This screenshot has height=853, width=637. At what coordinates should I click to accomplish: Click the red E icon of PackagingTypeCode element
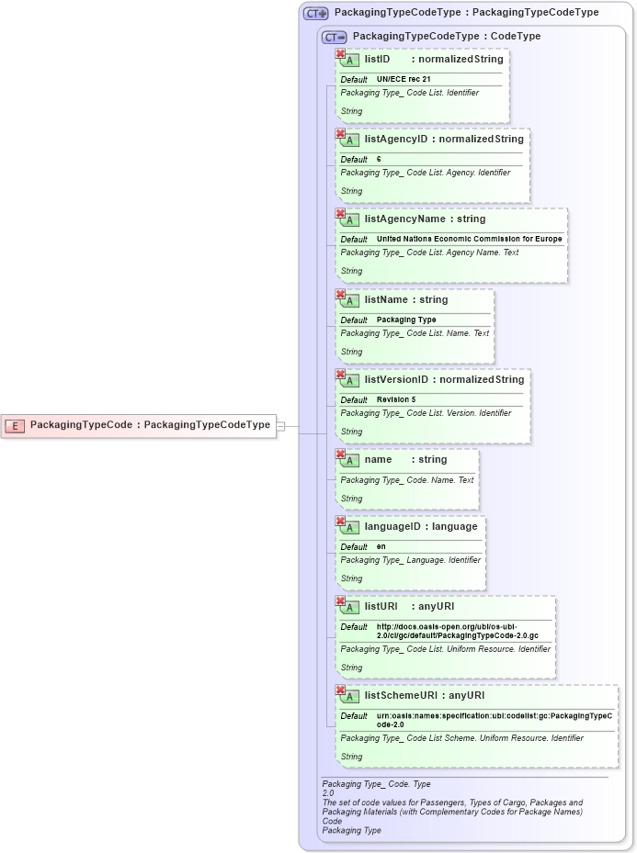point(16,425)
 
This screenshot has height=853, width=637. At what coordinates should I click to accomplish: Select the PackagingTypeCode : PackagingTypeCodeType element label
point(150,425)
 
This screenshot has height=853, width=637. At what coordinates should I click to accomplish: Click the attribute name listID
point(377,60)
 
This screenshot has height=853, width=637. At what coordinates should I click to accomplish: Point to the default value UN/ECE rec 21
point(404,80)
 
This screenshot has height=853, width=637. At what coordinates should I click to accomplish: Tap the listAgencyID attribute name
point(395,140)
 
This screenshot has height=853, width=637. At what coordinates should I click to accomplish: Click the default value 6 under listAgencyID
point(379,160)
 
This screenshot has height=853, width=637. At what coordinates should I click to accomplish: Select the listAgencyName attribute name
point(404,219)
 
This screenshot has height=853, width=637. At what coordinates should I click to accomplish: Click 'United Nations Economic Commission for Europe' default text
point(469,240)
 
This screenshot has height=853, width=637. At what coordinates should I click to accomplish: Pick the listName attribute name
point(384,299)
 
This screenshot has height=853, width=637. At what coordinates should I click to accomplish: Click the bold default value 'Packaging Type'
point(406,320)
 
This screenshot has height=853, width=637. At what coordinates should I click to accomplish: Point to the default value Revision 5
point(396,400)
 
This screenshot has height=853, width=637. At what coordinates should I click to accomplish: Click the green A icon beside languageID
point(349,527)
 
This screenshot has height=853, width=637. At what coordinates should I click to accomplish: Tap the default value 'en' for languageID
point(381,547)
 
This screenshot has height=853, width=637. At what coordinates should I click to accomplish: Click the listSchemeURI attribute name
point(399,695)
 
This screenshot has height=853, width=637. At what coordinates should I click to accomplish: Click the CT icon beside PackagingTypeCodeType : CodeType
point(334,37)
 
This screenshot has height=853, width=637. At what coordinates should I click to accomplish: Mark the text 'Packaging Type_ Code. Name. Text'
point(406,480)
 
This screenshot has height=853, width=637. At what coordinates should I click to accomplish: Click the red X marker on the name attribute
point(340,454)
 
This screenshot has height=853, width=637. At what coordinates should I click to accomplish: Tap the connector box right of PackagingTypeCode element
point(281,425)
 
